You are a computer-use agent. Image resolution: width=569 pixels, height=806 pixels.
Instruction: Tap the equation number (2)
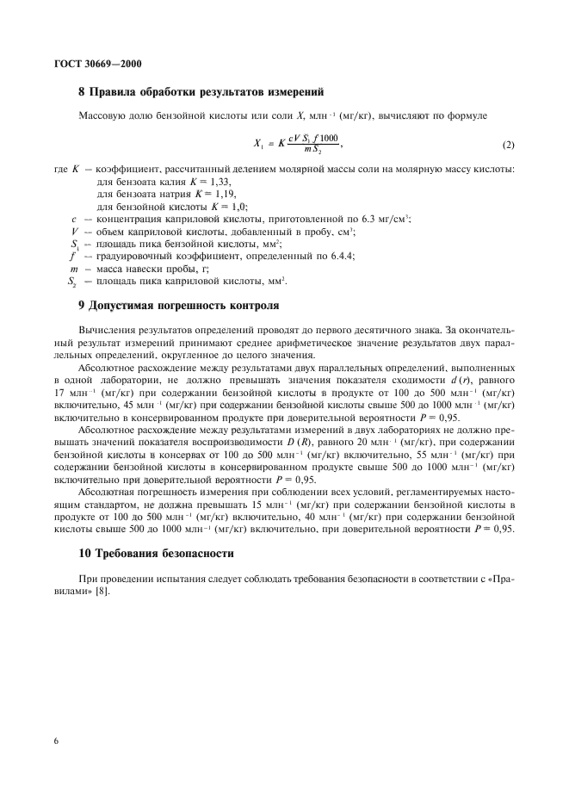pos(508,143)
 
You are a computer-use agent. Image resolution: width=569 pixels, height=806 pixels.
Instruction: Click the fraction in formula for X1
pos(308,144)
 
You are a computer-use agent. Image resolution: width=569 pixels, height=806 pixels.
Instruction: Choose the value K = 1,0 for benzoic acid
pos(222,207)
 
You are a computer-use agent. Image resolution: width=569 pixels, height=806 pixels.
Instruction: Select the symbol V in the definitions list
pos(75,232)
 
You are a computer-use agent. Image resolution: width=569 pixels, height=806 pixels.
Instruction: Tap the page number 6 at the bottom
pos(56,740)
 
